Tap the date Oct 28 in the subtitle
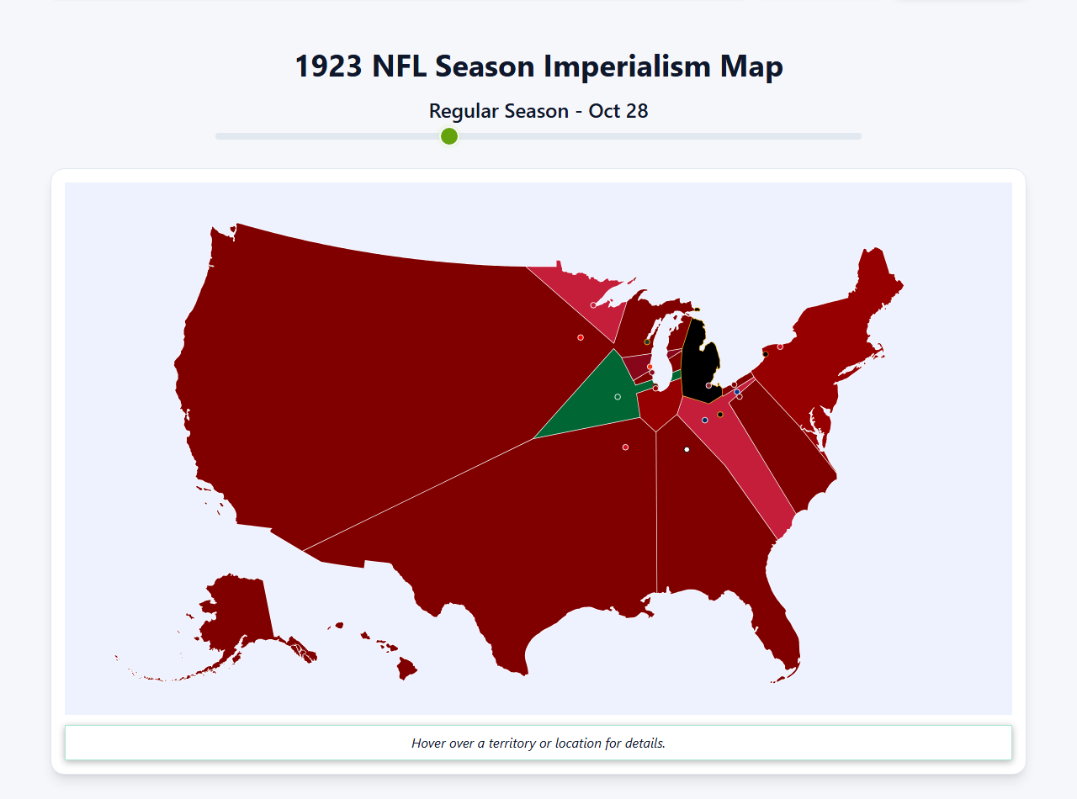coord(618,111)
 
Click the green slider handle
coord(449,136)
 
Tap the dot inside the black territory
coord(708,385)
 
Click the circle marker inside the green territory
coord(618,397)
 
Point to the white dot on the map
coord(687,450)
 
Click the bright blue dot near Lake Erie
coord(737,392)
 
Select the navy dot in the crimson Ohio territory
coord(705,421)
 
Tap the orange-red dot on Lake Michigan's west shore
coord(650,366)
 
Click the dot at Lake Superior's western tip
coord(593,305)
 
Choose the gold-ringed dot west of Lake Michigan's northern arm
coord(647,341)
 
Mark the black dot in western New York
coord(765,354)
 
